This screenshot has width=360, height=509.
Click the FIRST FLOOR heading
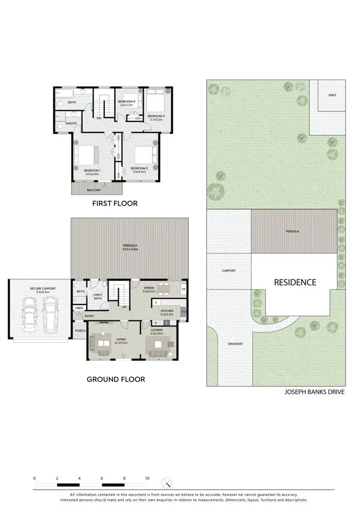[x=115, y=203]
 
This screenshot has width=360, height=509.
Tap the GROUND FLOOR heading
[x=116, y=379]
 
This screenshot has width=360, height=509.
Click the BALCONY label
[x=94, y=190]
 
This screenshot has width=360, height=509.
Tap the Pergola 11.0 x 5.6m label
[x=130, y=247]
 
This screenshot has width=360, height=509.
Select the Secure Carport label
[x=43, y=289]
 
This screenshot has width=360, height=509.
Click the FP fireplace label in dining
[x=184, y=290]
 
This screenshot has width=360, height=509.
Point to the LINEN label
[x=79, y=308]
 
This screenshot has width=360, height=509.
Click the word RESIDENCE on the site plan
[x=295, y=282]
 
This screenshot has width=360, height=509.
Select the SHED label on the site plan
[x=332, y=95]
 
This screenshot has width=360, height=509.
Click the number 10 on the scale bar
[x=147, y=478]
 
